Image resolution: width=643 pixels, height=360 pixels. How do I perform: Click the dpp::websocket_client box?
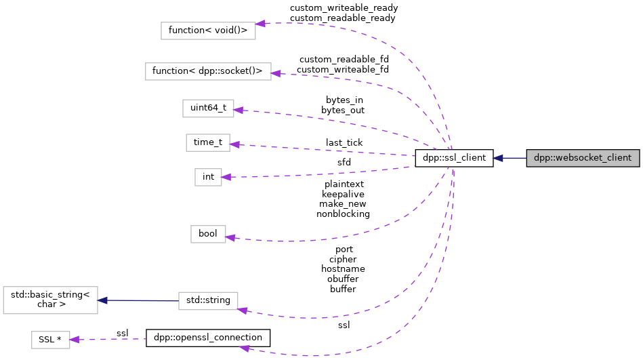click(583, 158)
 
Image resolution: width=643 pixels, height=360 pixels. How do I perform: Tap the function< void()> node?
click(208, 31)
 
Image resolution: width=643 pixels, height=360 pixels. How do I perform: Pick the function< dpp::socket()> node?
click(208, 71)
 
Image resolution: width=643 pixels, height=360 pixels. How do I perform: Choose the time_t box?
click(208, 142)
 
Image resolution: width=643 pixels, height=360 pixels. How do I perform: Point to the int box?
click(208, 177)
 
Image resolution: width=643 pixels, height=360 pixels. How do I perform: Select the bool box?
click(207, 233)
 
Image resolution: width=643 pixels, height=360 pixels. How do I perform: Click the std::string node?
click(207, 300)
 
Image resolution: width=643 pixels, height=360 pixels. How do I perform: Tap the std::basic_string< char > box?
click(50, 300)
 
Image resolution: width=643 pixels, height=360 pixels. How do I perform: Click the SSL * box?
click(50, 339)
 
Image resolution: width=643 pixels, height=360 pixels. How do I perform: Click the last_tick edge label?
click(344, 142)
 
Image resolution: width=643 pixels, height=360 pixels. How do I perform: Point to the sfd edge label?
click(344, 162)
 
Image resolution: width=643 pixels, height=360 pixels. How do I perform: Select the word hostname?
click(343, 268)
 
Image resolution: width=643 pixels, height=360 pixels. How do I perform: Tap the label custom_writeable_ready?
click(344, 8)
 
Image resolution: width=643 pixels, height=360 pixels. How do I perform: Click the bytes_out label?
click(343, 110)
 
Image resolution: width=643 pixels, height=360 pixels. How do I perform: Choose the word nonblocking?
click(343, 214)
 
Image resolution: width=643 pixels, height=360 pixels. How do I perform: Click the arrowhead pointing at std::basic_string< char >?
click(102, 300)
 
